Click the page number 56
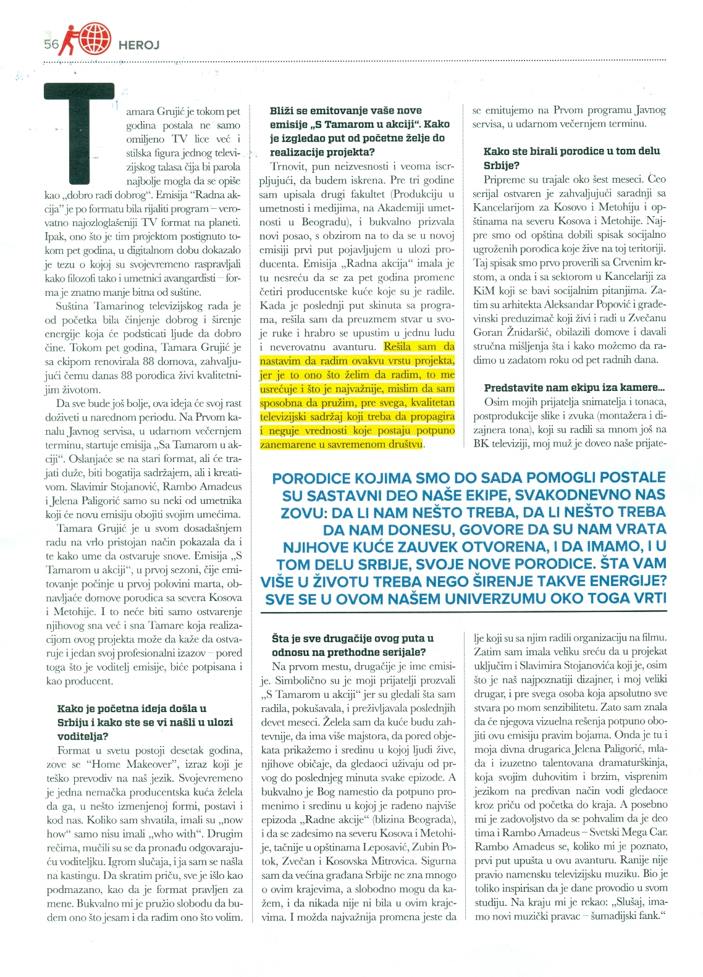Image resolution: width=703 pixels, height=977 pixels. (x=51, y=44)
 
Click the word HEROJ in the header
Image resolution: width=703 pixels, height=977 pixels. (x=138, y=45)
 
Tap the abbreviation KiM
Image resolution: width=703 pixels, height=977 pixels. (x=484, y=290)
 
